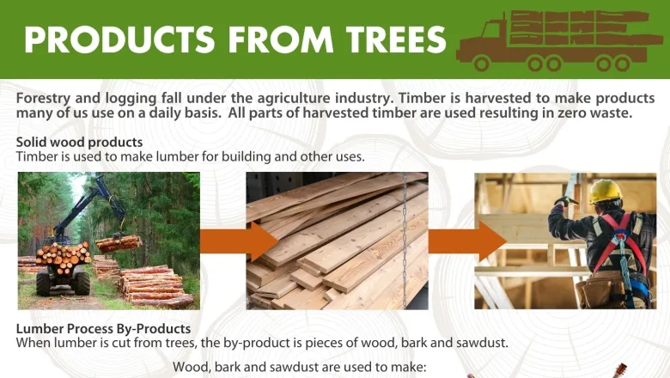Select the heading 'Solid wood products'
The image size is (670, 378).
pos(79,142)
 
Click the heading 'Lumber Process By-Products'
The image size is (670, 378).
pos(103,329)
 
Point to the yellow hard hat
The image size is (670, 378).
pos(605,191)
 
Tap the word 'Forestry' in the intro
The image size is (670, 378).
pos(44,99)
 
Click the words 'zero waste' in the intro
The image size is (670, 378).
pos(616,114)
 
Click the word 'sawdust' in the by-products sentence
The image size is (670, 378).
pos(480,343)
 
